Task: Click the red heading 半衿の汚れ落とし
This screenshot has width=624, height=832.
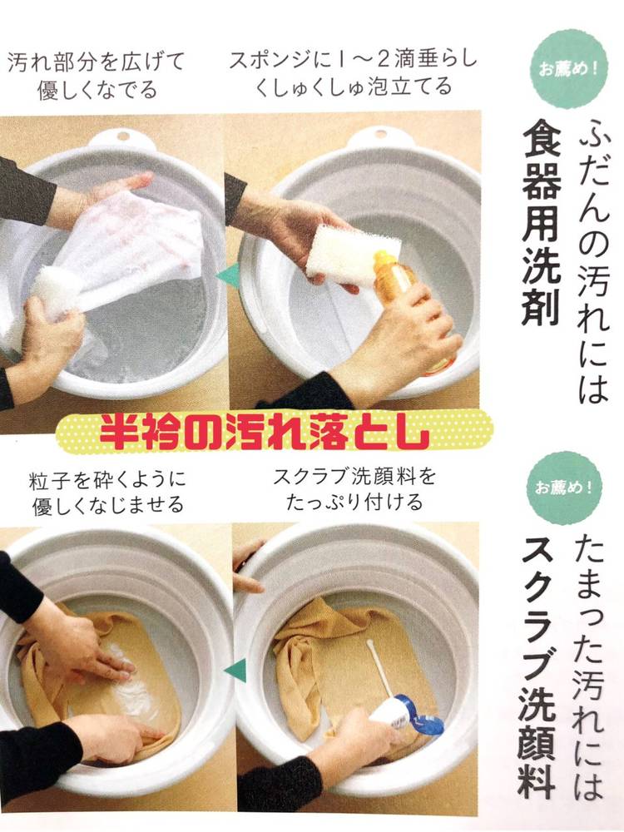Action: click(265, 432)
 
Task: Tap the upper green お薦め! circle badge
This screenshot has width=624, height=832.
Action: click(571, 69)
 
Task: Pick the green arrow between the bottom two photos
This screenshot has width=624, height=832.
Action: click(236, 671)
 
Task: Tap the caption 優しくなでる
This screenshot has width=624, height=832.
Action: click(97, 89)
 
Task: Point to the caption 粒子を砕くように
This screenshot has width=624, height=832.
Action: click(107, 480)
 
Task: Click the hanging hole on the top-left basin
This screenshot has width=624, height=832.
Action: click(123, 136)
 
